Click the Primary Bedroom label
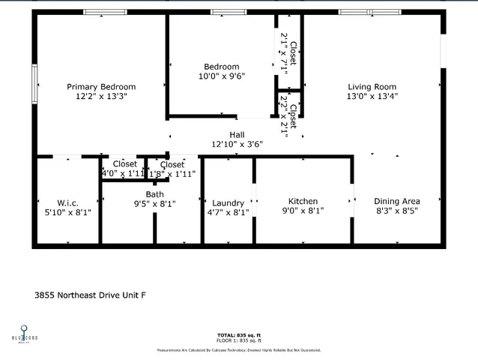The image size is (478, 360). coord(101,86)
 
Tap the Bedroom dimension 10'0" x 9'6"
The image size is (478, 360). coord(222,76)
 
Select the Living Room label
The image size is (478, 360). coord(372,86)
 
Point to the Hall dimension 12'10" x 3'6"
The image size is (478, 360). coord(237,145)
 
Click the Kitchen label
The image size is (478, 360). coord(303,201)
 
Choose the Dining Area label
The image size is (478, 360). coord(397,201)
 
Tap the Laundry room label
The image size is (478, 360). coord(228,202)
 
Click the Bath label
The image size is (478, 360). coord(155,194)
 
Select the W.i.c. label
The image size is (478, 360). coord(67,202)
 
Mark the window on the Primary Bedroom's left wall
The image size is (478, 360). coord(34,83)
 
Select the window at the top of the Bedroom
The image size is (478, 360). coord(229,12)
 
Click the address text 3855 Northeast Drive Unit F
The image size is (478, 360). coord(90,295)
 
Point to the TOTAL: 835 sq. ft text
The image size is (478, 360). coord(239,334)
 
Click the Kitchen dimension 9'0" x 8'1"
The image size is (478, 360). coord(303,211)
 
